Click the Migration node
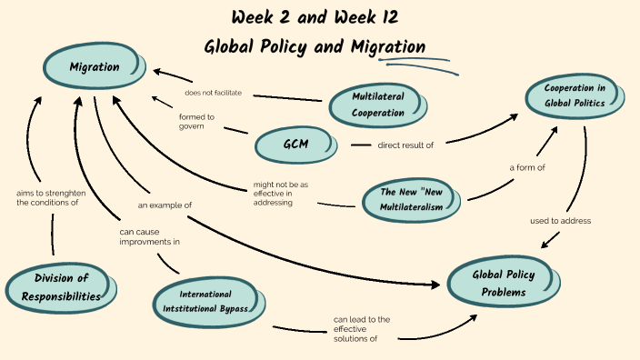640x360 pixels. click(95, 66)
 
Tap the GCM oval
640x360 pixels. click(295, 144)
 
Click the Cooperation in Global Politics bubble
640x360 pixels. click(575, 95)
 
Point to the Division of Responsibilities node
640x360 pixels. click(66, 285)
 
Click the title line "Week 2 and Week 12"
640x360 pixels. click(315, 17)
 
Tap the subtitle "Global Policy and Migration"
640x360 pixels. click(315, 46)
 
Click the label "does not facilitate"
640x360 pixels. click(213, 93)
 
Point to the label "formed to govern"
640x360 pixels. click(196, 121)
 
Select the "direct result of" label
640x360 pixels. click(405, 145)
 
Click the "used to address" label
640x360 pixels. click(561, 221)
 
